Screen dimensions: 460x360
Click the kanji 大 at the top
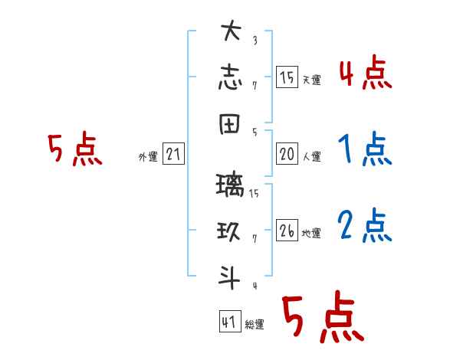pos(231,33)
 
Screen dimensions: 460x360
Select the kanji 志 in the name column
pos(231,77)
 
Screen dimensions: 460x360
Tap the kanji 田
pos(231,127)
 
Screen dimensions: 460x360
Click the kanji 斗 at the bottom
pos(231,273)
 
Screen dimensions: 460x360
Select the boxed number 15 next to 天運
pos(287,77)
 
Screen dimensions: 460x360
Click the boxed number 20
pos(287,154)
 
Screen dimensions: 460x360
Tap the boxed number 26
pos(287,231)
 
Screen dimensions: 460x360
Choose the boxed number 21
pos(173,155)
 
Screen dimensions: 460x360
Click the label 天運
pos(311,80)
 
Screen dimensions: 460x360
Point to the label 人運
pos(311,157)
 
